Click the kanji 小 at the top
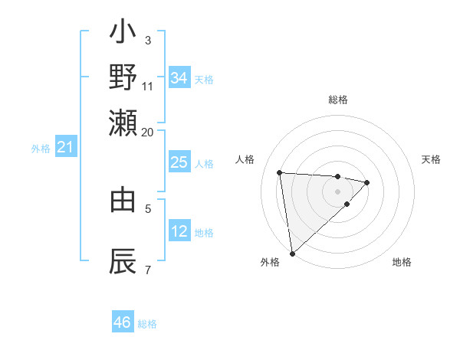click(123, 35)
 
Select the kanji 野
click(123, 77)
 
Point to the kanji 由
click(123, 200)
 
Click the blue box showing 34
click(179, 78)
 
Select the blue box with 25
click(179, 162)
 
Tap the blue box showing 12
click(179, 231)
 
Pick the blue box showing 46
click(123, 322)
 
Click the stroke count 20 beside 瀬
click(147, 132)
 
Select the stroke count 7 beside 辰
click(148, 270)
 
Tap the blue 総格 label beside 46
click(147, 324)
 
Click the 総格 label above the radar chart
click(337, 100)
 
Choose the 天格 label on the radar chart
click(431, 159)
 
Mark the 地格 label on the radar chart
click(402, 262)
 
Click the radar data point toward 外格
click(292, 253)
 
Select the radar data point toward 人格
click(280, 172)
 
